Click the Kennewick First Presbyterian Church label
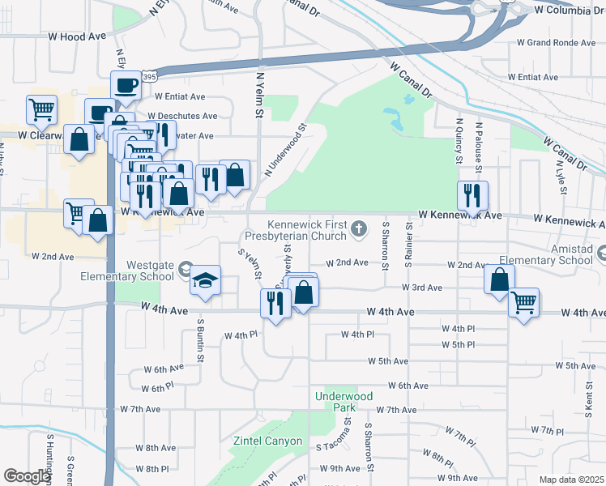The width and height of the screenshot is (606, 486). pyautogui.click(x=308, y=232)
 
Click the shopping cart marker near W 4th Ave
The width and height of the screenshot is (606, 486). pyautogui.click(x=524, y=303)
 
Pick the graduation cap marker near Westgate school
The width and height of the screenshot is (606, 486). pyautogui.click(x=205, y=280)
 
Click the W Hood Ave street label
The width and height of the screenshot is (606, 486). pyautogui.click(x=77, y=37)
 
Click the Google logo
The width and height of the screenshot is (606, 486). pyautogui.click(x=26, y=476)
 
